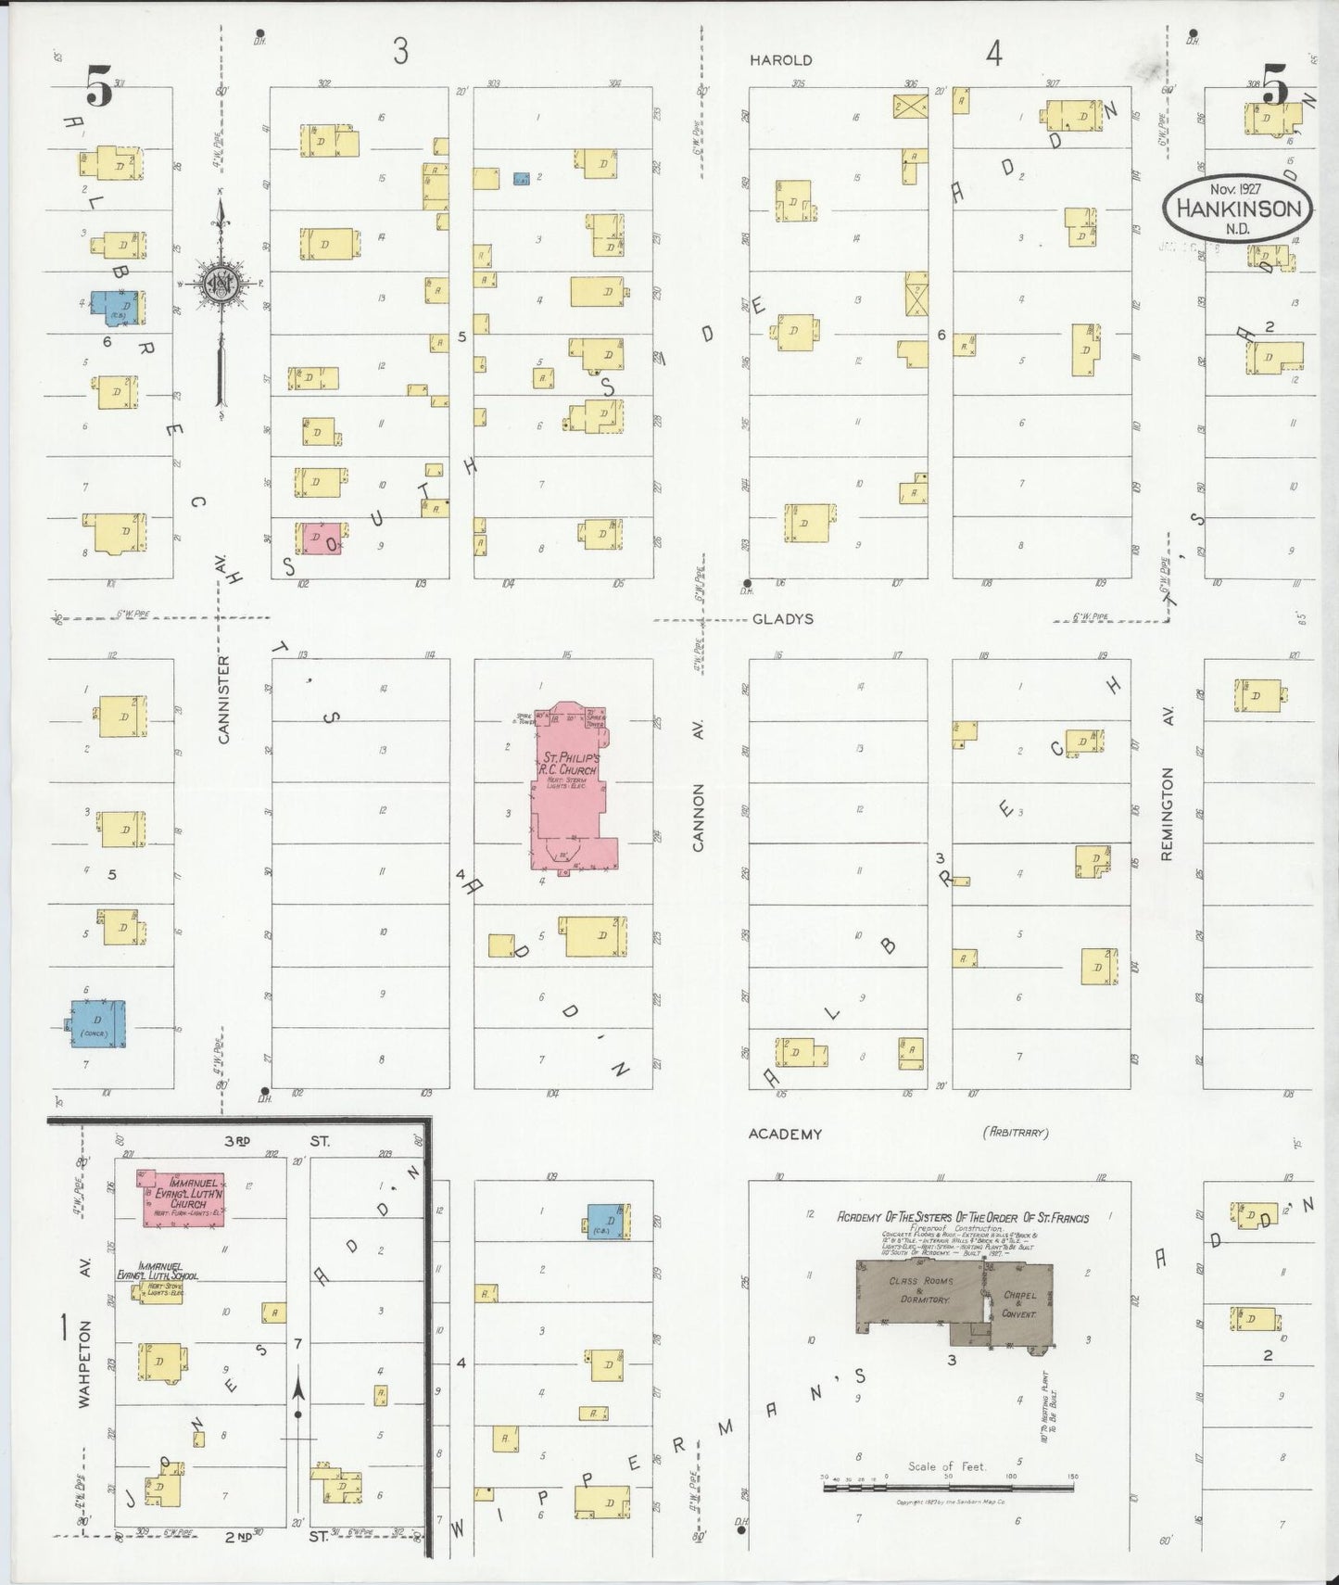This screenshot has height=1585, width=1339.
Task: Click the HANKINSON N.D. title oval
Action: (x=1238, y=209)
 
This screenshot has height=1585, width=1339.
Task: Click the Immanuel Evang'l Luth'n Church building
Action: (x=183, y=1198)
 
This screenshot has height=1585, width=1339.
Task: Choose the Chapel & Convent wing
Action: (x=1018, y=1305)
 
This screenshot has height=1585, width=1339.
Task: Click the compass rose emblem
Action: (x=221, y=285)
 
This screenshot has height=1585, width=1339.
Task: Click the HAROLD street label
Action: (x=781, y=60)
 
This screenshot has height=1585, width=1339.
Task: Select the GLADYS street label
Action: (x=782, y=619)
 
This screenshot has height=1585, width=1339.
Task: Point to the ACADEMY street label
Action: (x=785, y=1134)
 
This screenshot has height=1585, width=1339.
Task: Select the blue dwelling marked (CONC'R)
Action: (x=98, y=1024)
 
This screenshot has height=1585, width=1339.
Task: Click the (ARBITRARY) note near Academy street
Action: (x=1015, y=1133)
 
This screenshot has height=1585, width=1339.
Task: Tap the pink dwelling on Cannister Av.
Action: (x=318, y=538)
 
